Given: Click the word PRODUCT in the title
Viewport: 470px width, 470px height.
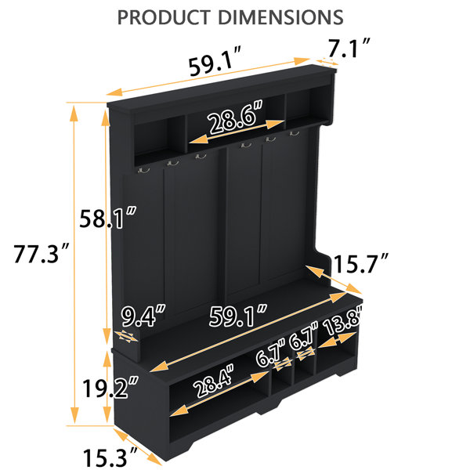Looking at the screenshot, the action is (x=164, y=17).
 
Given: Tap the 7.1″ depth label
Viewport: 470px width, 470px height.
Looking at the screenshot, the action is (x=349, y=48).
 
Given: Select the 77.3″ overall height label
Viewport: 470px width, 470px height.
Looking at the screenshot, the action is (x=42, y=254).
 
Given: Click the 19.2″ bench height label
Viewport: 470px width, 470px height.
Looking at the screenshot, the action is (x=110, y=388).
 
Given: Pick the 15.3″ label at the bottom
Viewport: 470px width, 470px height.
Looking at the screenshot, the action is (x=110, y=457).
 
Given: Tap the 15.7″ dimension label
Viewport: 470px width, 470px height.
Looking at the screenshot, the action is (x=360, y=263).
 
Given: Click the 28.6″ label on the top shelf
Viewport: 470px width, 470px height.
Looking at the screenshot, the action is (x=236, y=117).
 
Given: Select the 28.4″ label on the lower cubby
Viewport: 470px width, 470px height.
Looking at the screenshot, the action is (x=213, y=380).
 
